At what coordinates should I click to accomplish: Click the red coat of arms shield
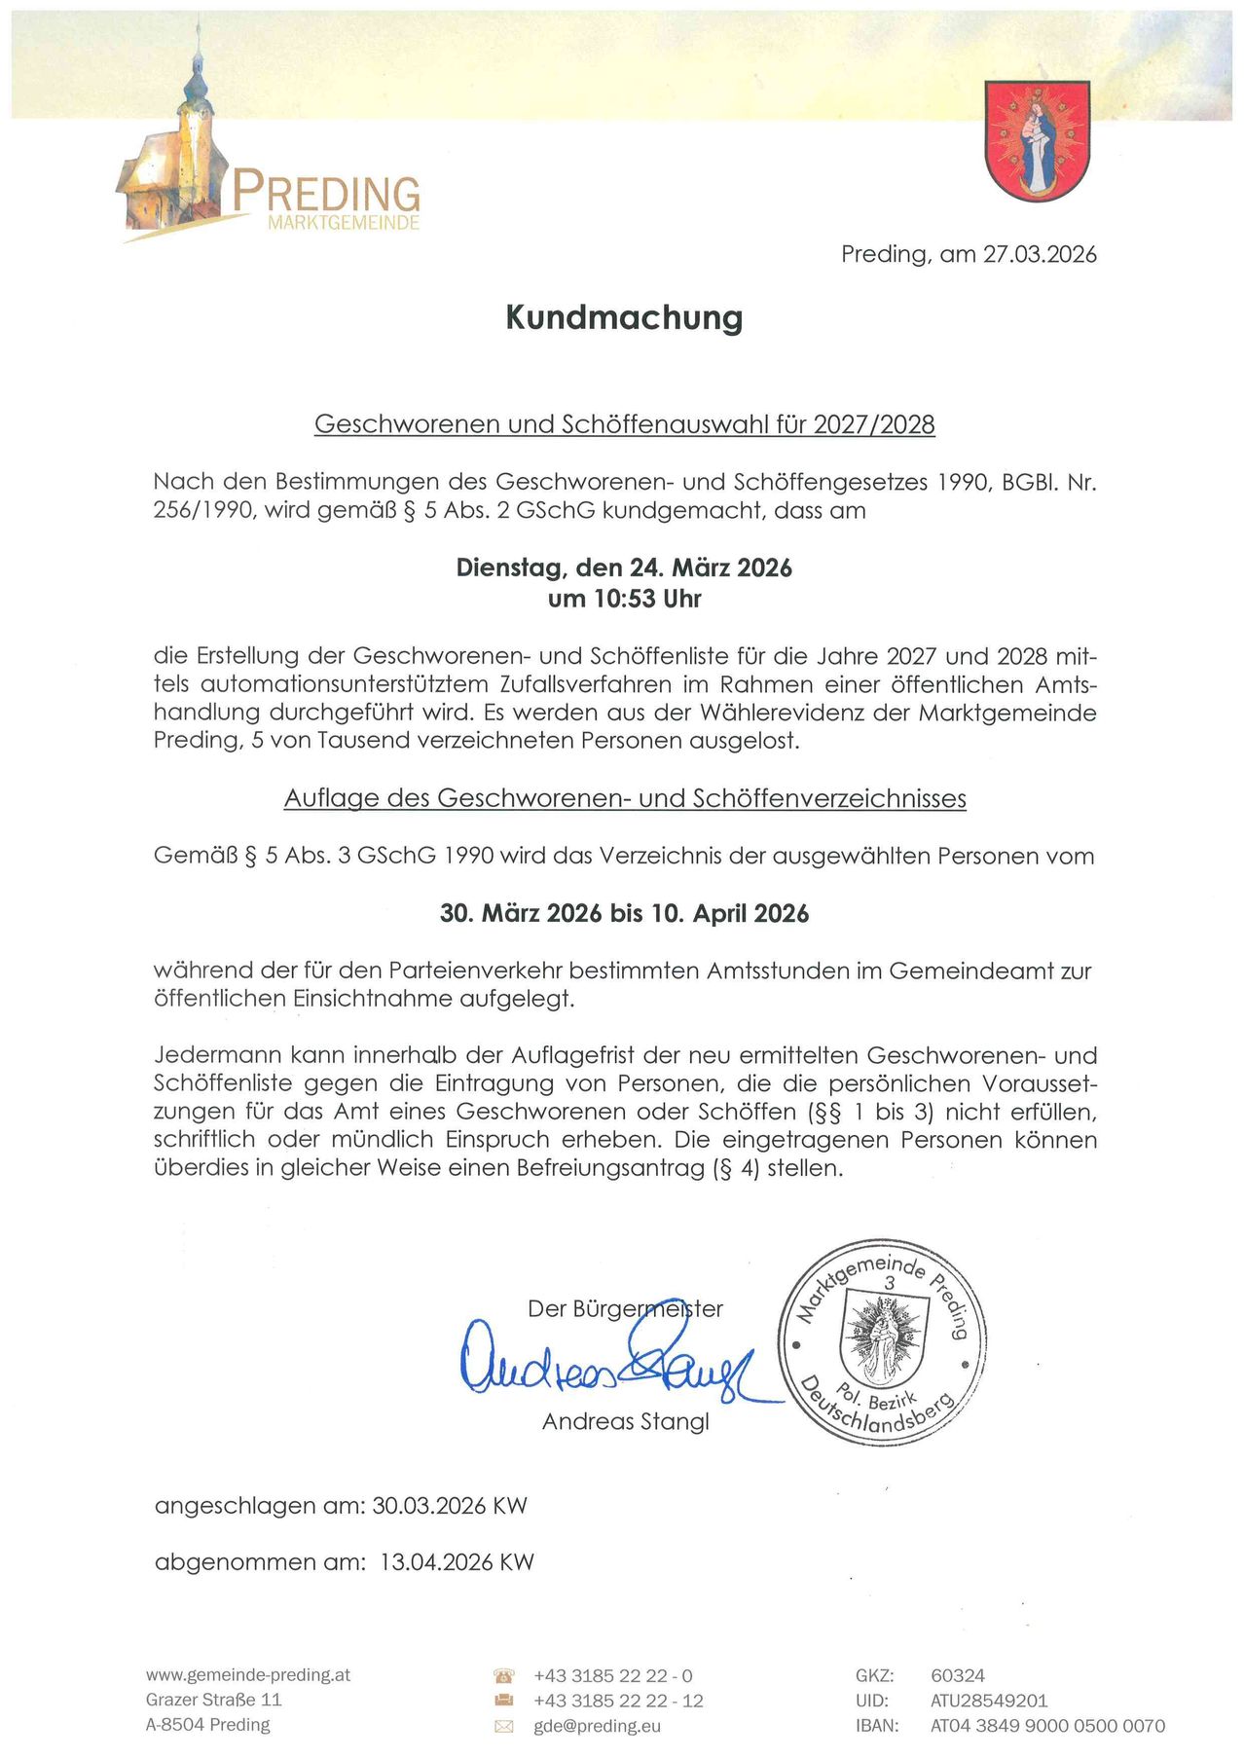(1037, 139)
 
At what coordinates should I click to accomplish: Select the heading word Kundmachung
(624, 317)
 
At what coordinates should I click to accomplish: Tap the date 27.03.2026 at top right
(1040, 255)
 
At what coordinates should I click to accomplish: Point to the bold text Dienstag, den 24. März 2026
(624, 568)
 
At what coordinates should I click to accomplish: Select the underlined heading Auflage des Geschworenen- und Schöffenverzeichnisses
(625, 799)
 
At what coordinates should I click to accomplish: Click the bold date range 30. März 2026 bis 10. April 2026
(624, 914)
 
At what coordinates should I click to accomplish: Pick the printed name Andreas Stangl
(625, 1422)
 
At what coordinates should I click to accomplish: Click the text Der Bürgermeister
(625, 1309)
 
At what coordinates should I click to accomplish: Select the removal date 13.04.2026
(437, 1562)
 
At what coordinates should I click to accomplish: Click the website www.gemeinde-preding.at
(248, 1675)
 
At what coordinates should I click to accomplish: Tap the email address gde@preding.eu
(597, 1726)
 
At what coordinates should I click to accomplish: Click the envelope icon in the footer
(504, 1726)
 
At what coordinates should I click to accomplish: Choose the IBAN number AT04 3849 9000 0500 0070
(1047, 1726)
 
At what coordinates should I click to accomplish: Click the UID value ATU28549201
(989, 1701)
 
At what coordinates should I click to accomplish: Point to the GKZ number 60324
(958, 1675)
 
